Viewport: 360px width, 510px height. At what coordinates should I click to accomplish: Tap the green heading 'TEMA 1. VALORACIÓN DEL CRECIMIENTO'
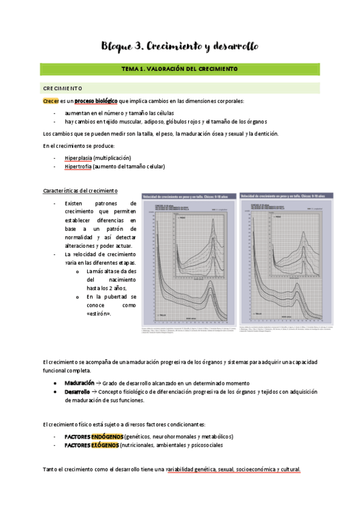[180, 69]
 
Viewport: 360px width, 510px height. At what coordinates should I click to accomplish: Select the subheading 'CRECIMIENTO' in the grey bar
[67, 88]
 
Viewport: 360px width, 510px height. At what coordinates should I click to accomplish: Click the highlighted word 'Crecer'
[51, 101]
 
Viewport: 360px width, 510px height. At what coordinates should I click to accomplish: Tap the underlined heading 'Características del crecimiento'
[81, 191]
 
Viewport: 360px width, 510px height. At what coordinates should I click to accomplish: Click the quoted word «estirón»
[99, 314]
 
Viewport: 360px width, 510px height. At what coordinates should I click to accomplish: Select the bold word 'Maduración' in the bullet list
[79, 383]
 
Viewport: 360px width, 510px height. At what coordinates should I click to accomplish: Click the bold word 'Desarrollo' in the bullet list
[78, 392]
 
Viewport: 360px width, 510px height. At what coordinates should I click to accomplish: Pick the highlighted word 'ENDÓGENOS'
[107, 436]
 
